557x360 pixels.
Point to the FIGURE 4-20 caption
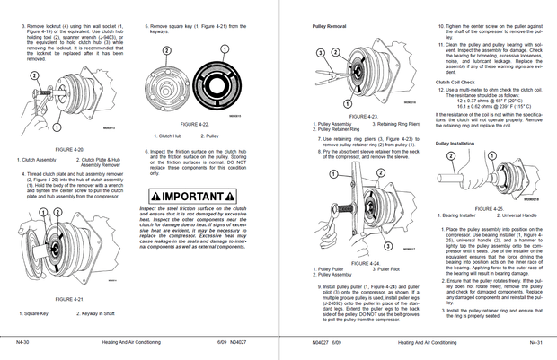click(x=69, y=149)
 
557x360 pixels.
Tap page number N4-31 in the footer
click(x=535, y=342)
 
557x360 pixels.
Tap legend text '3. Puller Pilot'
click(x=383, y=268)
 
